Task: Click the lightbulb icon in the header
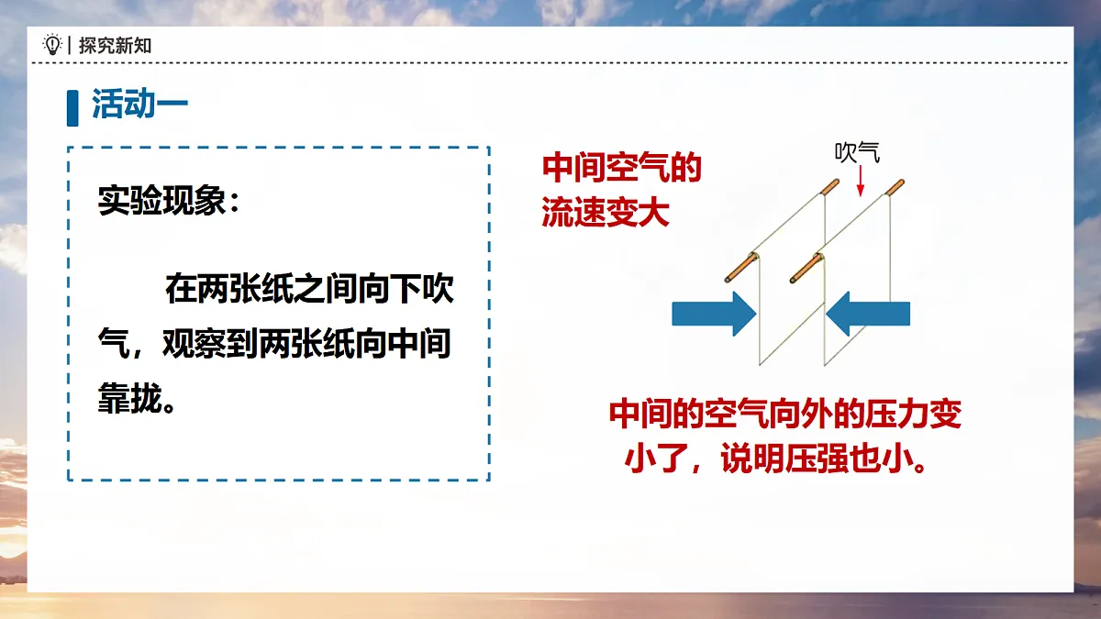point(52,45)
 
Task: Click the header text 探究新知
point(115,45)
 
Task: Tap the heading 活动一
point(139,105)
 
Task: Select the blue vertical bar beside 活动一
point(72,106)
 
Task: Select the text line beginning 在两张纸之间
point(309,291)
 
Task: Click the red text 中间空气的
point(621,169)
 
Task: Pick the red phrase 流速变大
point(606,213)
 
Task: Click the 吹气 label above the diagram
point(857,152)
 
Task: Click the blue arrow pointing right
point(713,314)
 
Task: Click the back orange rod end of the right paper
point(894,190)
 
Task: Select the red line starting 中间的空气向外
point(784,415)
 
